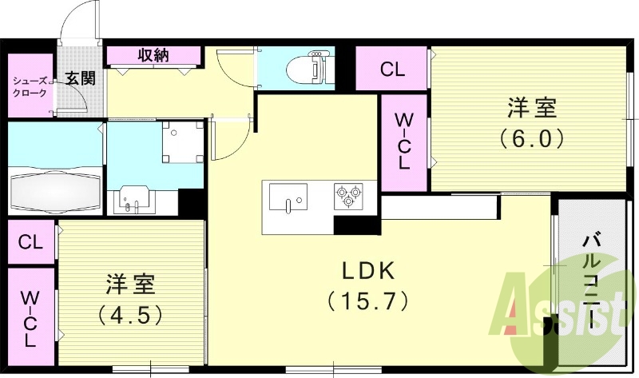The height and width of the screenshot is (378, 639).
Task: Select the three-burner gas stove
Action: (348, 196)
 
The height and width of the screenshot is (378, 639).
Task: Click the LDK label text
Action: (368, 272)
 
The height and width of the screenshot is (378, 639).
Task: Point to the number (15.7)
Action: (368, 301)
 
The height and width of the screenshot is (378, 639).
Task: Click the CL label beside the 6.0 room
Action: (391, 69)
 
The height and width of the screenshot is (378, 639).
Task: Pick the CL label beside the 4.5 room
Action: (30, 241)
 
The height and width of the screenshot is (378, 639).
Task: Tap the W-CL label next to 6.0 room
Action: (404, 141)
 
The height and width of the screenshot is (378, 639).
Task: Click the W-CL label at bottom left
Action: (30, 318)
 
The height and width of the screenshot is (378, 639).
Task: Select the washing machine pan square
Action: (179, 141)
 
